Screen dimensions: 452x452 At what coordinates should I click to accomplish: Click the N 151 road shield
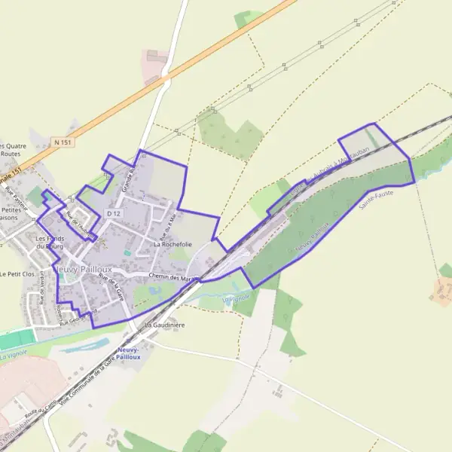coord(62,141)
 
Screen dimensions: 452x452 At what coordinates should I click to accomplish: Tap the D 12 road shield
coord(114,214)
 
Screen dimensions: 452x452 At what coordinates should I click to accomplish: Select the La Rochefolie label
coord(173,244)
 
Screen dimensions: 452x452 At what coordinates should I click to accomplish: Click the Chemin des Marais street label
coord(173,278)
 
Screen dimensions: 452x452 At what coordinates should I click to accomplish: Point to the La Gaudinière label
coord(164,325)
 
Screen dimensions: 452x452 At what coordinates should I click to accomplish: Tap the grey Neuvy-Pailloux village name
coord(83,269)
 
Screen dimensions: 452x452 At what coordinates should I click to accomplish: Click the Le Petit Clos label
coord(18,274)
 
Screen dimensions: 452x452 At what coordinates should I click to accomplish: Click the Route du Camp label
coord(41,411)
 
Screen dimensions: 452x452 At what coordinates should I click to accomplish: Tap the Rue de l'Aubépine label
coord(82,224)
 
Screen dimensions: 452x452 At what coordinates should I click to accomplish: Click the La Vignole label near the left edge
coord(14,353)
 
